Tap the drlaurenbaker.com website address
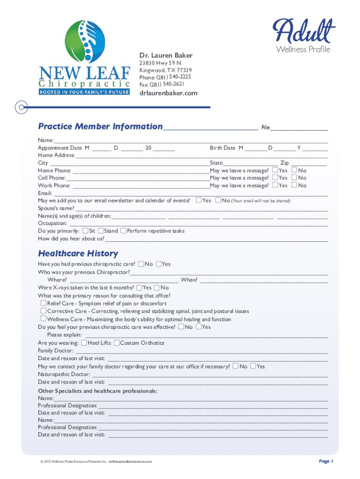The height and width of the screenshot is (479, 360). click(168, 93)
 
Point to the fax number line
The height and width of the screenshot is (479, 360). click(162, 84)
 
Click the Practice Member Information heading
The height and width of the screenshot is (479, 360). click(100, 126)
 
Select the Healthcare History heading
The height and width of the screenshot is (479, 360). click(78, 254)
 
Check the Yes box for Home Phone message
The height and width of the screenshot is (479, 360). click(275, 170)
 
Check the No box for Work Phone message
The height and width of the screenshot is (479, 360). click(294, 185)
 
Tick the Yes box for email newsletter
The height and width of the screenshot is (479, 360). click(199, 200)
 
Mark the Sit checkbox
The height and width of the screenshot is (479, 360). click(86, 231)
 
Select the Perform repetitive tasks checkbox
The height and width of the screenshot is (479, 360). click(123, 231)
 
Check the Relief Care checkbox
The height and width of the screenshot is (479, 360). click(43, 303)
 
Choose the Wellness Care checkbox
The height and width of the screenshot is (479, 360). click(43, 319)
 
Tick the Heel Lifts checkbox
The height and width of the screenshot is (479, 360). click(84, 343)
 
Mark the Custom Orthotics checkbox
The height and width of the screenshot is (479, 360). click(116, 343)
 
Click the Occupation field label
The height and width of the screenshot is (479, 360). click(52, 224)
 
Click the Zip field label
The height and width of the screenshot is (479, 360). click(284, 163)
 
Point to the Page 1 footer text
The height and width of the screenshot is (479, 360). click(326, 461)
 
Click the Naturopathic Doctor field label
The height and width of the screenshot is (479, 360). click(64, 374)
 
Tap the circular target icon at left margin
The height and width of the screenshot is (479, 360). click(20, 107)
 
